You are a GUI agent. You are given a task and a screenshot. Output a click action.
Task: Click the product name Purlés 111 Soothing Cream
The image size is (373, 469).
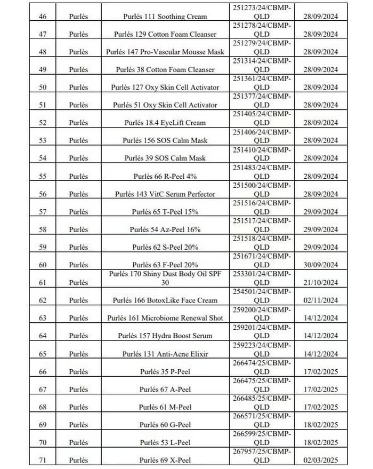pos(165,17)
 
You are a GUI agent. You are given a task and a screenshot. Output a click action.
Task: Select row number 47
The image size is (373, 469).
pos(43,34)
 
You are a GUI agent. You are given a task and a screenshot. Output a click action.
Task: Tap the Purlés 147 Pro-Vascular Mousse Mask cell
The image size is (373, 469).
pos(165,52)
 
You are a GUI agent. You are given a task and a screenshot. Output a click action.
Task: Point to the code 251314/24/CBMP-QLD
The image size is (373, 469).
pos(262,65)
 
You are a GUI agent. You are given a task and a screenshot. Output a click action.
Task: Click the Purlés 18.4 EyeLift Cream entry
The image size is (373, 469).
pos(165,123)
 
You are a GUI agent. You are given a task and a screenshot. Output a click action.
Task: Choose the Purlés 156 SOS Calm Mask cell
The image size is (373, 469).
pos(165,140)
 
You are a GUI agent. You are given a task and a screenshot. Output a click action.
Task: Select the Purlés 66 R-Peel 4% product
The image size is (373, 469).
pos(165,176)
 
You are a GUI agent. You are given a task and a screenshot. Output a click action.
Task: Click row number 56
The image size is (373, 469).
pos(43,194)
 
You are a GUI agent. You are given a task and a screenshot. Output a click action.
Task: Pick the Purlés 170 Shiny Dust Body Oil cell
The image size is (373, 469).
pos(165,278)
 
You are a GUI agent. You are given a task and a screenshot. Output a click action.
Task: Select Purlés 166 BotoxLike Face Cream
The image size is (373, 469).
pos(165,300)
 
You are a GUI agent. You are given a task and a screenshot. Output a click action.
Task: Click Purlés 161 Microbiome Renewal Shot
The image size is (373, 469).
pos(165,318)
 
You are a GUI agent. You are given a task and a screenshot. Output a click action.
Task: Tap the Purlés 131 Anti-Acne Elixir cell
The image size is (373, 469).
pos(165,354)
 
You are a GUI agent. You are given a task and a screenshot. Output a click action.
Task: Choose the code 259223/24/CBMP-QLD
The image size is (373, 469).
pos(262,349)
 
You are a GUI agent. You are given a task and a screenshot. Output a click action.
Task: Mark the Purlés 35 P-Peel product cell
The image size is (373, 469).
pos(165,371)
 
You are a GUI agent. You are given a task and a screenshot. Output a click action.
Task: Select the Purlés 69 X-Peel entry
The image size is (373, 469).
pos(165,460)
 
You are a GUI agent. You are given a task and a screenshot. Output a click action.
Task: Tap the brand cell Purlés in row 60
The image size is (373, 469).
pos(78,265)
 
